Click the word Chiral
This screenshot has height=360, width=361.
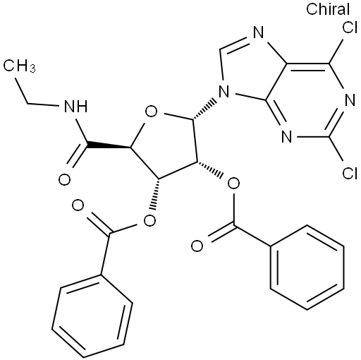[328, 9]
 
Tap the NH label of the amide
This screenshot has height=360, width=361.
[75, 107]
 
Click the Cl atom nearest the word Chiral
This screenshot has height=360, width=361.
[350, 28]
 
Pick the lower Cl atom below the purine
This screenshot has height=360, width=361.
[350, 174]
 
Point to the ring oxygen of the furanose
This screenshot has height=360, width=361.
[151, 112]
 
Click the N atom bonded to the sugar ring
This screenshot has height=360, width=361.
[224, 92]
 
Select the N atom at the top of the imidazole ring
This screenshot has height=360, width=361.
[259, 32]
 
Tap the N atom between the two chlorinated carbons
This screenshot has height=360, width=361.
[350, 100]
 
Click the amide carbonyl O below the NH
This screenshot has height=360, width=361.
[64, 180]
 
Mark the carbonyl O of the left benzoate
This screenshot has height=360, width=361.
[78, 205]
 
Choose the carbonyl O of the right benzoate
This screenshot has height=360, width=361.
[197, 246]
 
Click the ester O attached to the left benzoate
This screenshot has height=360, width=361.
[149, 221]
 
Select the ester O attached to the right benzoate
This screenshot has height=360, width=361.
[233, 184]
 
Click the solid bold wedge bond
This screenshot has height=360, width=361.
[109, 145]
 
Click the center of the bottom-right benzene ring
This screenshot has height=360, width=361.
[307, 267]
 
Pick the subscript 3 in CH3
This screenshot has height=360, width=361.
[33, 69]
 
